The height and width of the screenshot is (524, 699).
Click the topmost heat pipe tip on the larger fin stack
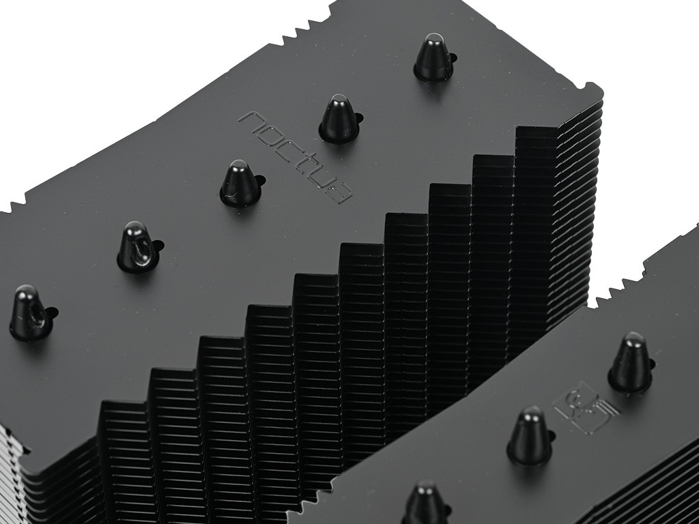click(x=432, y=57)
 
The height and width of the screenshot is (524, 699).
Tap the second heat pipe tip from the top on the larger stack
click(x=337, y=118)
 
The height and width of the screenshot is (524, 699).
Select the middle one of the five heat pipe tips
click(x=241, y=184)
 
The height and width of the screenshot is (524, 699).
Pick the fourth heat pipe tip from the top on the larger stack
click(x=138, y=247)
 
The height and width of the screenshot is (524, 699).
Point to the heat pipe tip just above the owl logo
click(x=629, y=362)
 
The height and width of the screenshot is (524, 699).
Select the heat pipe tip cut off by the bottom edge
click(x=425, y=502)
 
